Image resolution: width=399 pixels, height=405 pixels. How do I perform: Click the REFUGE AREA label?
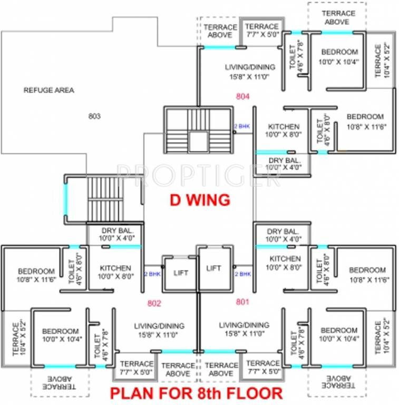click(48, 90)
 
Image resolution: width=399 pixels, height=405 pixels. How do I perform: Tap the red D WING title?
click(199, 200)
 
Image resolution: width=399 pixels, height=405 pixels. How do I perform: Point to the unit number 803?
click(94, 116)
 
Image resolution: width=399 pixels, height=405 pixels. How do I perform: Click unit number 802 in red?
click(154, 303)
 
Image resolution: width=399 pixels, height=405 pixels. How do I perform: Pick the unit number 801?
click(242, 302)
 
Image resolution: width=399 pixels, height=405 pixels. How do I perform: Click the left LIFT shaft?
click(181, 273)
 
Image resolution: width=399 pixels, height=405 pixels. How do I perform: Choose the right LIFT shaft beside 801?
click(213, 268)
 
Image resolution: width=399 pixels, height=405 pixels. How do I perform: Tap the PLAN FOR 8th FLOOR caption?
click(196, 393)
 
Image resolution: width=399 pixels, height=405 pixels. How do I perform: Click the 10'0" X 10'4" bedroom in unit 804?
click(339, 56)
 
